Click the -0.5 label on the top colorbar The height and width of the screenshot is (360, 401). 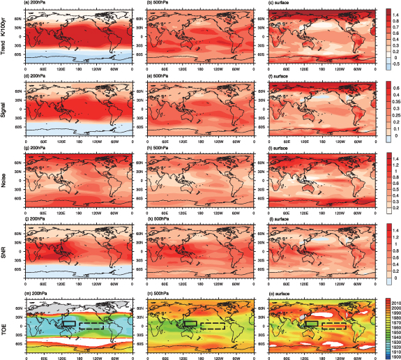click(387, 61)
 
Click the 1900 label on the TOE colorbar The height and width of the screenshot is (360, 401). click(389, 350)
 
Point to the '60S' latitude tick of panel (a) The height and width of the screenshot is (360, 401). click(20, 56)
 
